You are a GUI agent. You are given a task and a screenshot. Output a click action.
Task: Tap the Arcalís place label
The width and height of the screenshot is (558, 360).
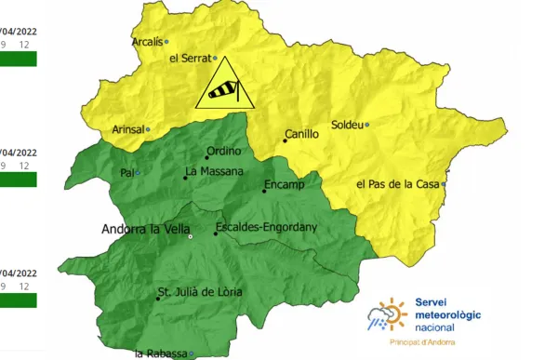point(147,42)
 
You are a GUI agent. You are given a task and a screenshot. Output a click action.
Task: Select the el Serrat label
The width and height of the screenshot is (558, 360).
point(192,58)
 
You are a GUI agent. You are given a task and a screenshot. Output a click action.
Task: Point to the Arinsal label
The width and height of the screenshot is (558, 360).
point(127,130)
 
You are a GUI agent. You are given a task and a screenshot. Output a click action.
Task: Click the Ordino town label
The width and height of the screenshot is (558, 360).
point(223,151)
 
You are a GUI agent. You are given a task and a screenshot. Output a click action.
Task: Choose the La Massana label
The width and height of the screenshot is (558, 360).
point(214,171)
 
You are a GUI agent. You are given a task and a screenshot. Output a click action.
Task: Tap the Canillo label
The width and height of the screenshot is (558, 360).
point(301,134)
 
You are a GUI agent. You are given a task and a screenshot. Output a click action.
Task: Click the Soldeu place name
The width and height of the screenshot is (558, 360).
point(347,125)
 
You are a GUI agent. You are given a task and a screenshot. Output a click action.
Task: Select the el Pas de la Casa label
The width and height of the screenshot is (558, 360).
point(397,184)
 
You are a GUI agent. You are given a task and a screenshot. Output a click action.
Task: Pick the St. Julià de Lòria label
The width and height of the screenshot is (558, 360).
point(199,292)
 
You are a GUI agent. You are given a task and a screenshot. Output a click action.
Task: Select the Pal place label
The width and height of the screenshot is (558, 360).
point(126,173)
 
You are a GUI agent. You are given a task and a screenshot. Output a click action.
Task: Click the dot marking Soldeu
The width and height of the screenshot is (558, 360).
point(366,125)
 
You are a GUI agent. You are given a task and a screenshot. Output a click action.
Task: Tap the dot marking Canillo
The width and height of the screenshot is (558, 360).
point(286,141)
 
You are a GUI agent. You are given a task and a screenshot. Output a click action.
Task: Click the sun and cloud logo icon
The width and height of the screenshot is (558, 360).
point(387,317)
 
